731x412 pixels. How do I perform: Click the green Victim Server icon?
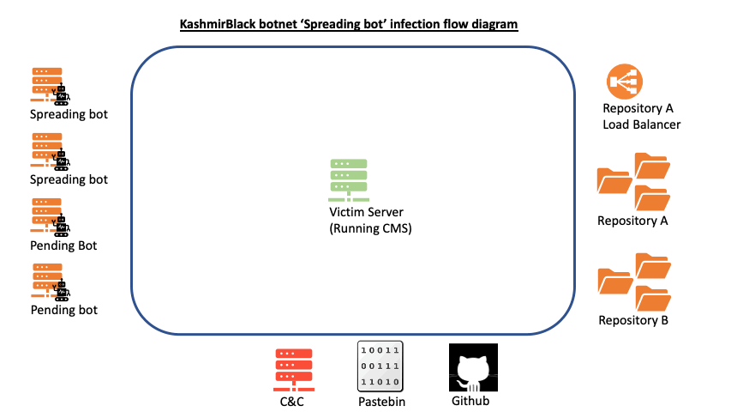click(x=349, y=179)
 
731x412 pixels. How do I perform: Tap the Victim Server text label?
click(x=366, y=212)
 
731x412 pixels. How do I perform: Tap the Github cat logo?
click(x=474, y=368)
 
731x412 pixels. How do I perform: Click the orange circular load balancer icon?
click(x=625, y=82)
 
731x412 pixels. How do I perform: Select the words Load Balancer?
click(x=641, y=124)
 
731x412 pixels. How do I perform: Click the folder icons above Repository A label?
click(x=633, y=180)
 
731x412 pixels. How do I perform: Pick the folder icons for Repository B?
click(x=633, y=282)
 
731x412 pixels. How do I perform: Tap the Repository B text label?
click(x=633, y=321)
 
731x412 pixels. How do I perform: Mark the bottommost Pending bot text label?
click(x=64, y=310)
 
